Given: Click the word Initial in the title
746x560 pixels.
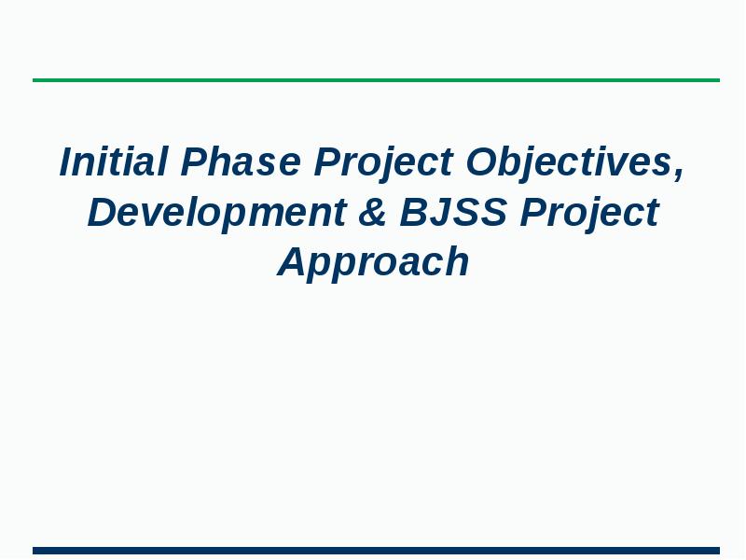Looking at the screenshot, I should (114, 162).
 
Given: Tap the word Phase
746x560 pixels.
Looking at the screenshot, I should (241, 162).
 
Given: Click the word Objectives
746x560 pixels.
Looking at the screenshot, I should (569, 162).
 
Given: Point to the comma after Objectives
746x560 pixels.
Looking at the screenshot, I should (680, 174).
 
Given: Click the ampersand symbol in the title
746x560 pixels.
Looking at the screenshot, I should (373, 213).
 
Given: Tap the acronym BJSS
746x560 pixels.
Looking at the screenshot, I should (453, 213).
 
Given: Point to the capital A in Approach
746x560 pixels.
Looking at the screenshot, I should (291, 261).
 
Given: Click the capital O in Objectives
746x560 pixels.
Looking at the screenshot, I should (482, 162).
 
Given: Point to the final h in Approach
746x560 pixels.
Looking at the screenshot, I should (457, 261).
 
